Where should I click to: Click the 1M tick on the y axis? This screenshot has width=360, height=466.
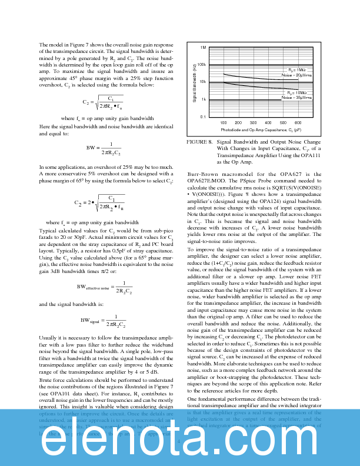[202, 47]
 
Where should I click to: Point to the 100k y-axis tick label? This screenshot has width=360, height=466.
[201, 65]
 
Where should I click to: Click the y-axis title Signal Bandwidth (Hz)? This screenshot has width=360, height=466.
[194, 82]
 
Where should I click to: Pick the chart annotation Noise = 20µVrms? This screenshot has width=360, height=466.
[296, 75]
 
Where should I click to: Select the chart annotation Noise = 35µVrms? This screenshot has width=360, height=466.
[296, 98]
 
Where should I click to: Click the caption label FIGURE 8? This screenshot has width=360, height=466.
[199, 142]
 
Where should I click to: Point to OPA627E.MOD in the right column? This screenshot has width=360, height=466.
[209, 181]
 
